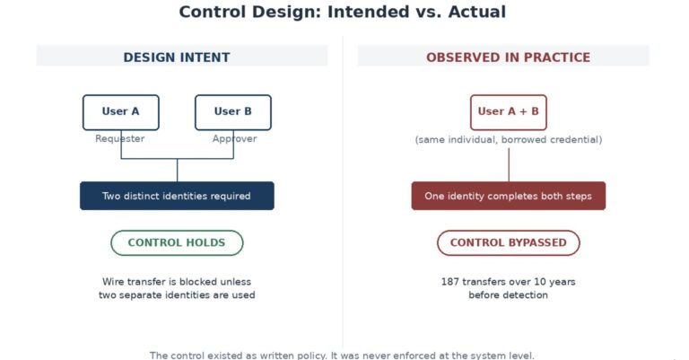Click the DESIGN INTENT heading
pyautogui.click(x=177, y=57)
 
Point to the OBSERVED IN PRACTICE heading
pyautogui.click(x=509, y=57)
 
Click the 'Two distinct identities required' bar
pyautogui.click(x=177, y=196)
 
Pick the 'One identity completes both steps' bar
pyautogui.click(x=509, y=196)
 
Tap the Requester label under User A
pyautogui.click(x=120, y=139)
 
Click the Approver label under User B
pyautogui.click(x=235, y=139)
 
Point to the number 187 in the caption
pyautogui.click(x=450, y=282)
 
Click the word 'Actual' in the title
pyautogui.click(x=477, y=12)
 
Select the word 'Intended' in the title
pyautogui.click(x=368, y=12)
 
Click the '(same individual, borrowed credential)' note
pyautogui.click(x=509, y=140)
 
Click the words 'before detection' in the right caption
pyautogui.click(x=509, y=295)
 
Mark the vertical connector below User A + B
pyautogui.click(x=509, y=165)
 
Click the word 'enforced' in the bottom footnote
pyautogui.click(x=414, y=356)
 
